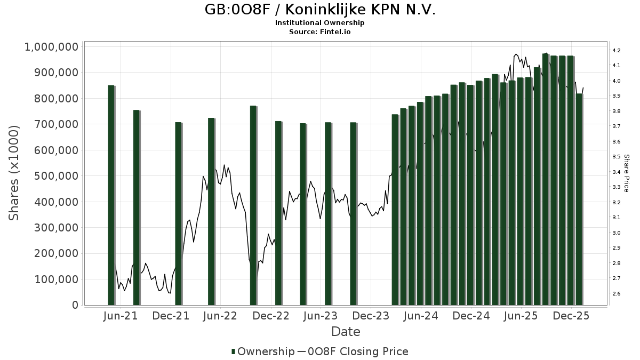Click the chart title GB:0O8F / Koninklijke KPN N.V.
[320, 10]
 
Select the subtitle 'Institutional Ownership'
[320, 23]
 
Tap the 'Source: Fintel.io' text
[320, 32]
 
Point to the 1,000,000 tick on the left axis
[52, 47]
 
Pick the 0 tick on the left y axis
[75, 305]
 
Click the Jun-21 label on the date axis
[121, 316]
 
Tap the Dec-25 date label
[571, 316]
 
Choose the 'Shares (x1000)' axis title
[14, 173]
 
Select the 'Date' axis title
[346, 332]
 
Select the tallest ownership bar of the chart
[545, 179]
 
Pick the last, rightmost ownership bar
[579, 199]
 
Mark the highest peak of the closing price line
[515, 54]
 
